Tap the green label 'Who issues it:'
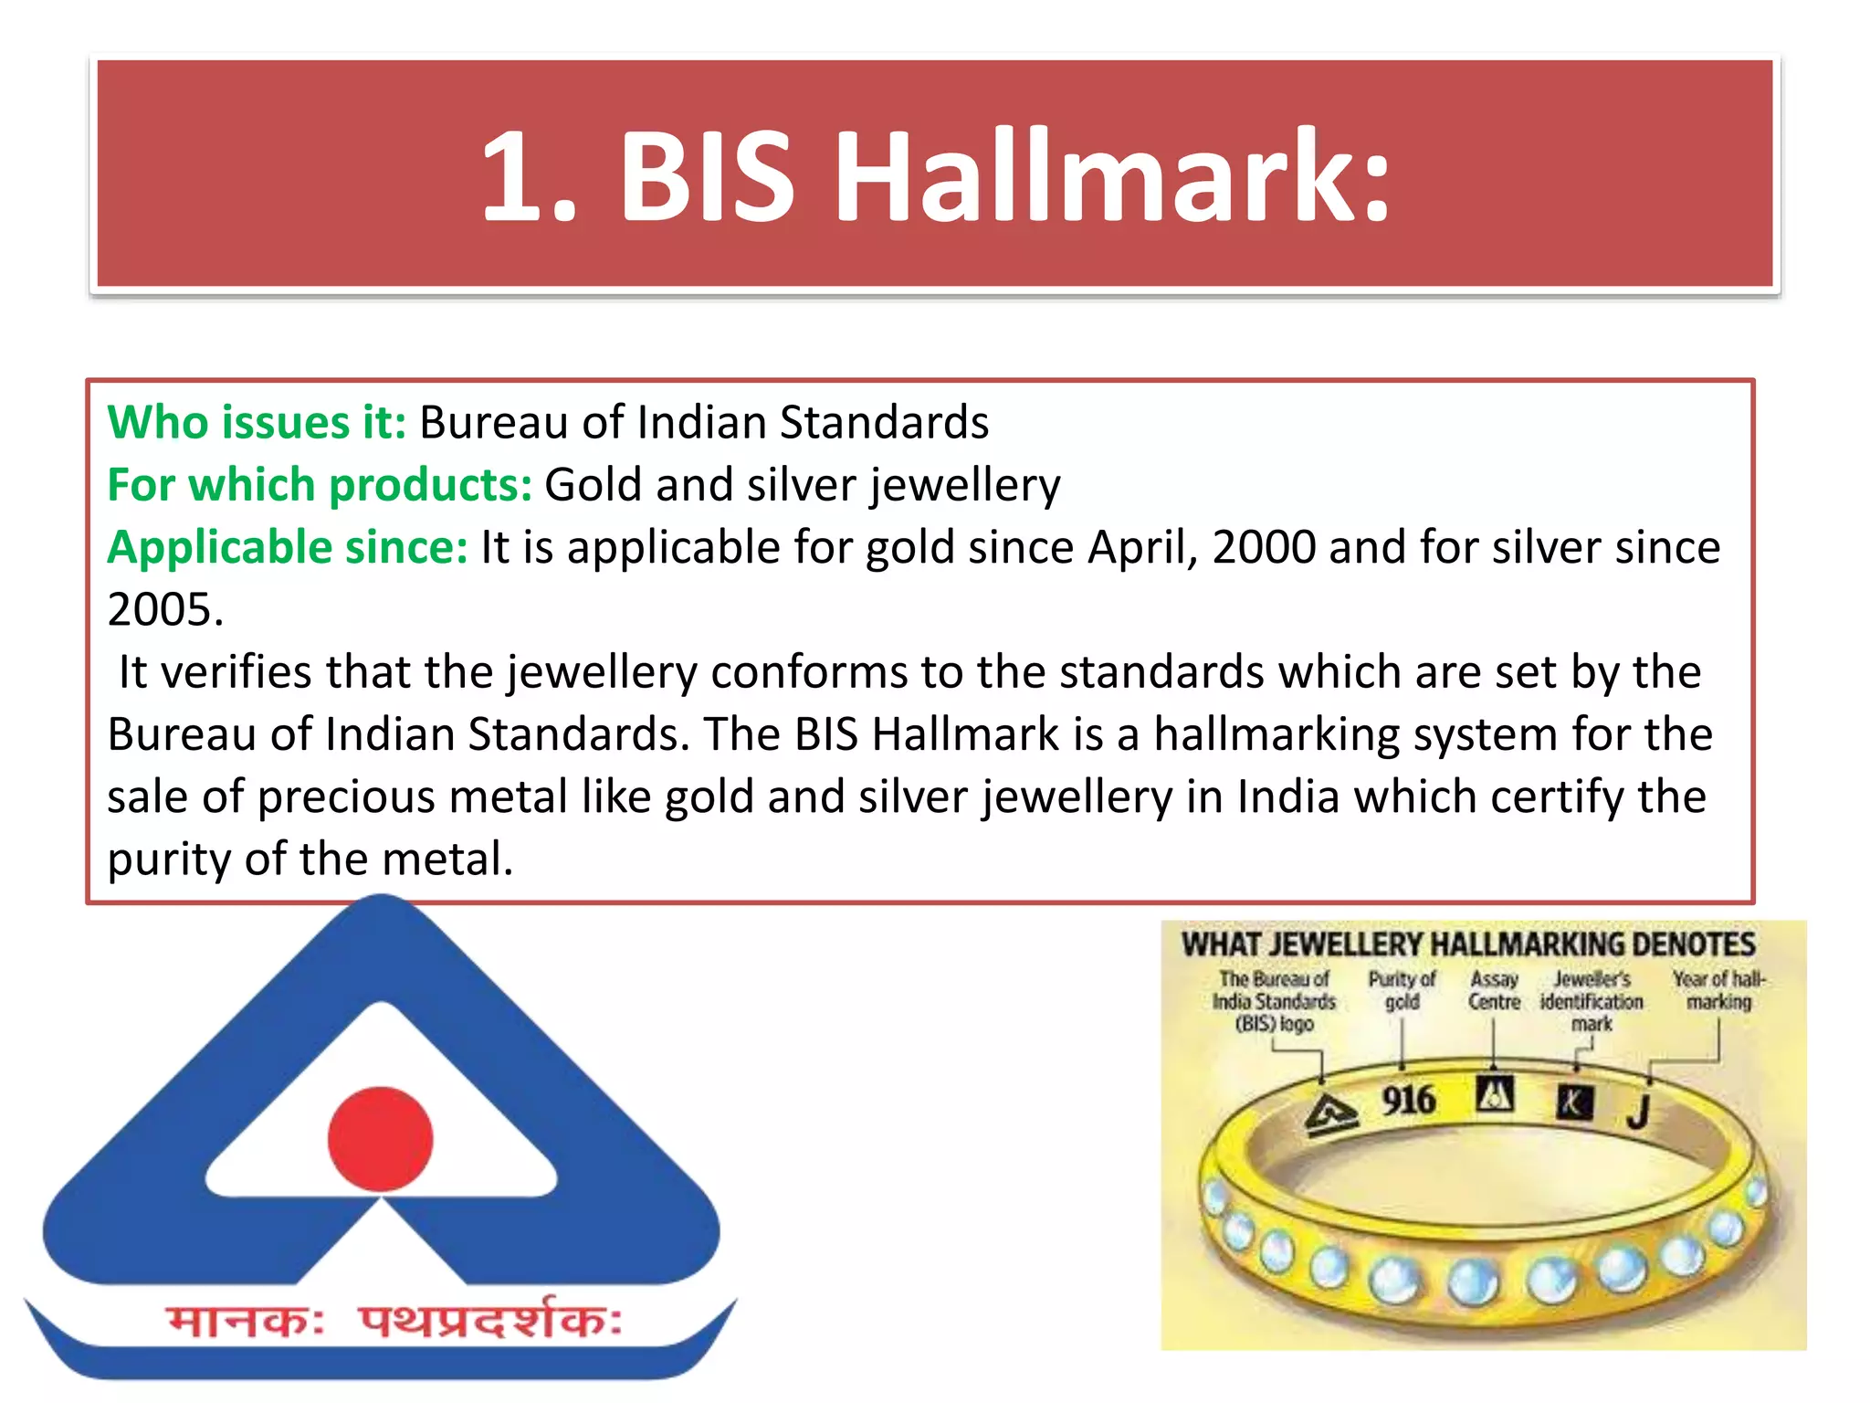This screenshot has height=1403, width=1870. [257, 423]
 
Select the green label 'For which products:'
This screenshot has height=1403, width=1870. [320, 485]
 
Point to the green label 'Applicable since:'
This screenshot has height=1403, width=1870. [288, 548]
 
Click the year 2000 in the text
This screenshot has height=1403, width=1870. [1264, 548]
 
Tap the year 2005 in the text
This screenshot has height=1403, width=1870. [164, 610]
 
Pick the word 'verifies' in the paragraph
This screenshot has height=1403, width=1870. [236, 673]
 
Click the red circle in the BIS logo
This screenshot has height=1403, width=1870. [380, 1138]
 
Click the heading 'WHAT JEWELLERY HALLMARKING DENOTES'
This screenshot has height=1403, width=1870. [1468, 944]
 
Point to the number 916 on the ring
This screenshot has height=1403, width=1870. [1408, 1100]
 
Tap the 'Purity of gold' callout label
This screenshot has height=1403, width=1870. [1402, 990]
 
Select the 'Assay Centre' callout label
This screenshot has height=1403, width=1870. [1494, 990]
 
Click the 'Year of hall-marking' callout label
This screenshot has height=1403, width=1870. [1718, 990]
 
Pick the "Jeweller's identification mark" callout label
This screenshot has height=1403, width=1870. [1592, 1001]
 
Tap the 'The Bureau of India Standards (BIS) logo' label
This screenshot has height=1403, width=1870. [1274, 1001]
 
